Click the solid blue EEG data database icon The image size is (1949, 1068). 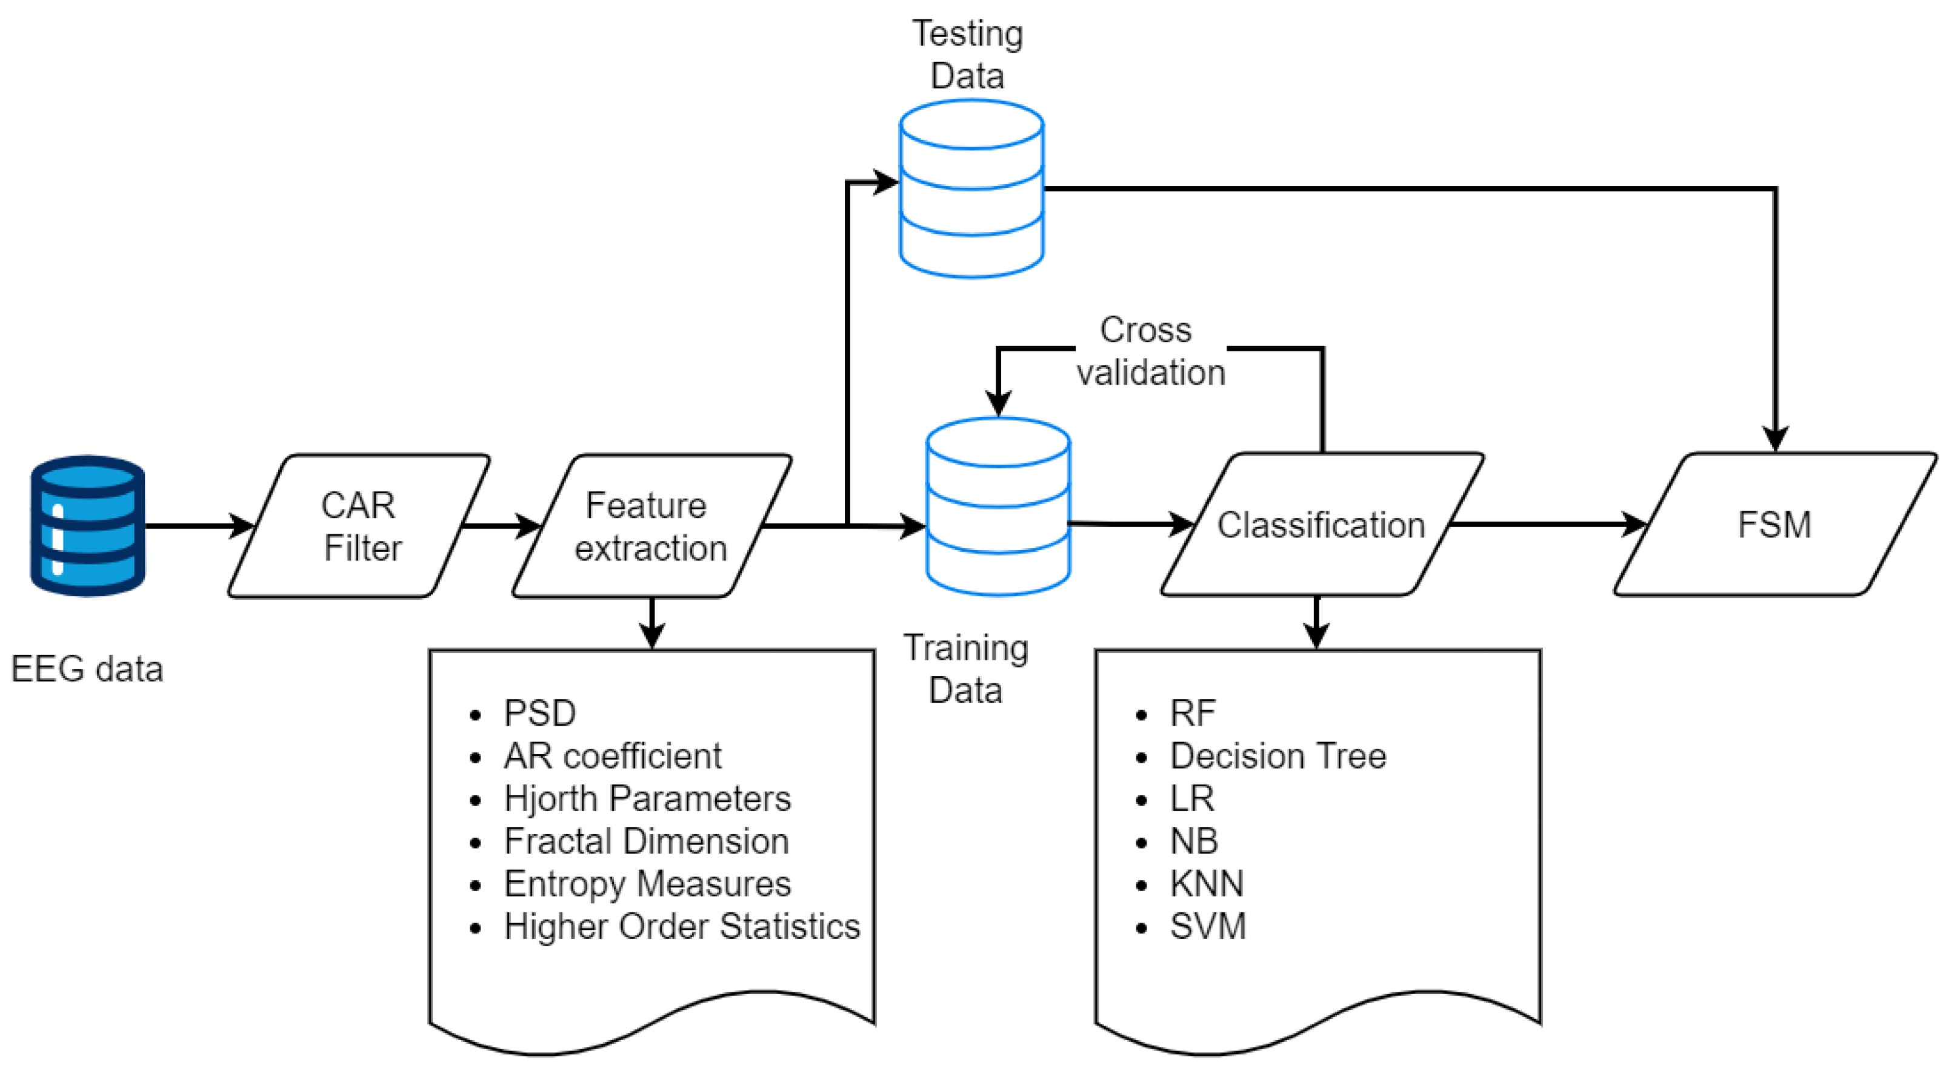coord(88,526)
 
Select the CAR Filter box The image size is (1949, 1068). coord(359,526)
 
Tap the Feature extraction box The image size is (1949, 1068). coord(652,526)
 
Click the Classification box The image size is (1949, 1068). coord(1322,524)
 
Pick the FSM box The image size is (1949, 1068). coord(1775,524)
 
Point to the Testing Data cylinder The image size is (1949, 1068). coord(971,189)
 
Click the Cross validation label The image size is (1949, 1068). coord(1150,351)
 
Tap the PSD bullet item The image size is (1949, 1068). coord(539,713)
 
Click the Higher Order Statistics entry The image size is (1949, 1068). coord(682,927)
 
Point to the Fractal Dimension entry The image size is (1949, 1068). coord(647,841)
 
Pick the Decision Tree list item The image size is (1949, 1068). coord(1278,755)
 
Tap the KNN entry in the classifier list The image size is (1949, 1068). coord(1207,883)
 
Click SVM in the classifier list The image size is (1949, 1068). coord(1208,927)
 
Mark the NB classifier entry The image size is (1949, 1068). coord(1194,841)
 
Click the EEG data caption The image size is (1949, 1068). coord(87,669)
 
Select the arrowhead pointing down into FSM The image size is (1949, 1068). coord(1775,439)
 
